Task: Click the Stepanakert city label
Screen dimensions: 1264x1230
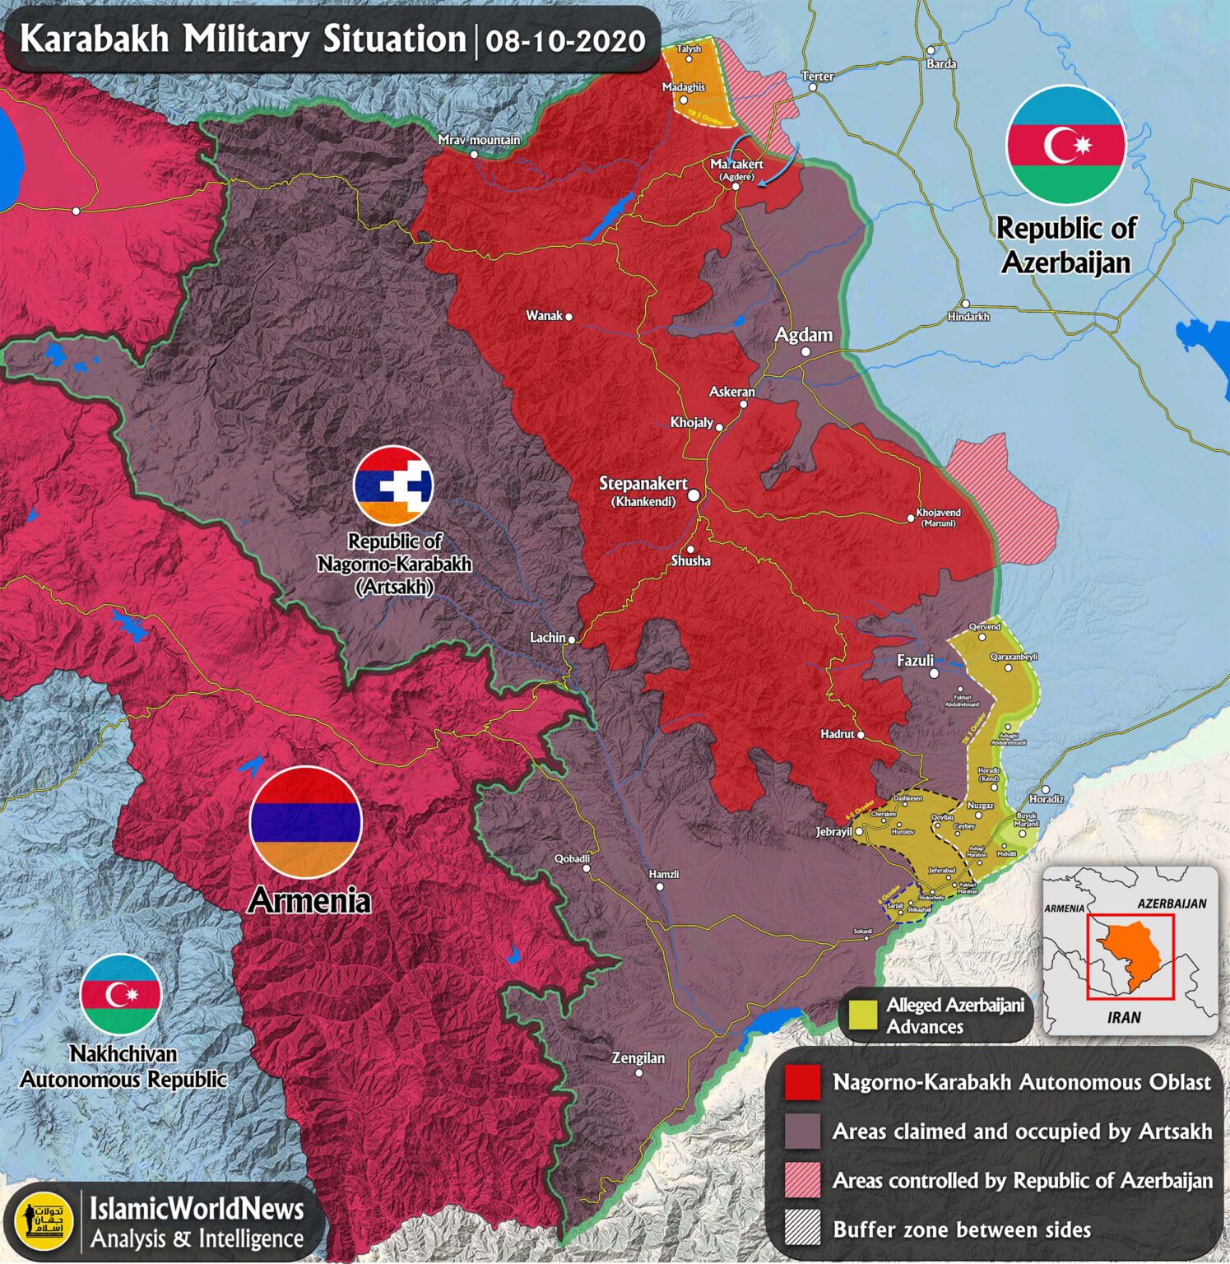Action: [643, 484]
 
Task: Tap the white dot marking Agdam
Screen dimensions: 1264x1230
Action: [805, 352]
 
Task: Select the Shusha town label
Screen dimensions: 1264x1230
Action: [690, 560]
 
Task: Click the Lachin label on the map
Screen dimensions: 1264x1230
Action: [547, 638]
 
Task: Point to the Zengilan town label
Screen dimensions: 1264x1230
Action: [638, 1058]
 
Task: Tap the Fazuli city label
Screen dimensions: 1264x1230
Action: [915, 660]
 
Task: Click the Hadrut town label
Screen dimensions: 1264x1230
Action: [838, 734]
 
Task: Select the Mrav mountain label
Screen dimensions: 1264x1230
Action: [479, 140]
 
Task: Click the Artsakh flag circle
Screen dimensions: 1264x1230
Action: [393, 486]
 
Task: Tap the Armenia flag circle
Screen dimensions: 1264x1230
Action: [305, 822]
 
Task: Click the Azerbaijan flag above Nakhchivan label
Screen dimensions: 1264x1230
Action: [121, 994]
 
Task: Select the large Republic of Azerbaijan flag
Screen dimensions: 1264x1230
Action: [1065, 146]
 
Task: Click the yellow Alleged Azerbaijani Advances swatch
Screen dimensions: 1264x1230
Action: [862, 1015]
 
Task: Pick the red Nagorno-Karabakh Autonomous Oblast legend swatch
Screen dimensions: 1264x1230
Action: [802, 1083]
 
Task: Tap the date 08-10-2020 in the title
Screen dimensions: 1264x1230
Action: [565, 41]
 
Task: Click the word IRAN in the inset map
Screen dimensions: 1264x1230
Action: [1124, 1018]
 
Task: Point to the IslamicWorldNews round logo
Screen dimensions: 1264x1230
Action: [44, 1222]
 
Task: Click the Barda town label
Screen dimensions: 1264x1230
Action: [941, 64]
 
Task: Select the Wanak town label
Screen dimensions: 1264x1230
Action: [544, 316]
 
